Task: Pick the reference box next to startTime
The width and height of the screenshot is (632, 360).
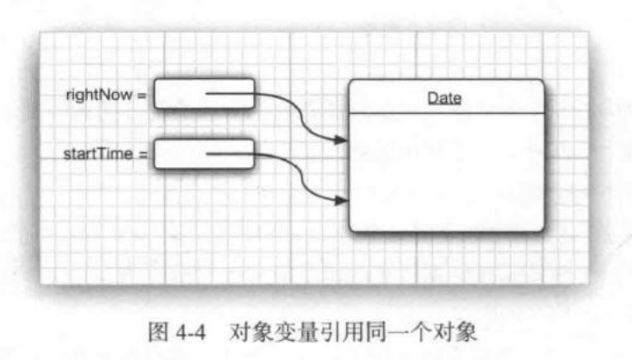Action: [x=204, y=155]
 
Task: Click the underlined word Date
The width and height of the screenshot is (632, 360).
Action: [x=444, y=98]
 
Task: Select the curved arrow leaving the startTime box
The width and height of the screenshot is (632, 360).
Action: [x=296, y=174]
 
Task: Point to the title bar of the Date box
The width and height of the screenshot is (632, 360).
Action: [x=446, y=97]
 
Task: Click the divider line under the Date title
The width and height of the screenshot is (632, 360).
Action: [x=446, y=114]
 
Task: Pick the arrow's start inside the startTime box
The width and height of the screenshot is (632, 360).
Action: [x=210, y=155]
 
